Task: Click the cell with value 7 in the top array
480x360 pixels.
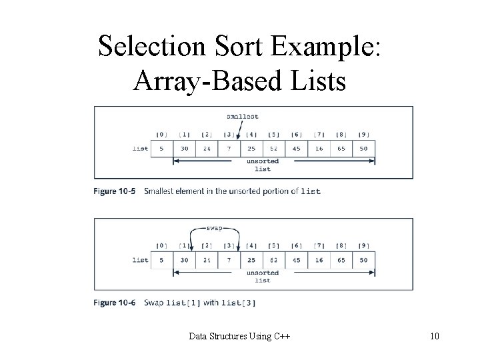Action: (229, 149)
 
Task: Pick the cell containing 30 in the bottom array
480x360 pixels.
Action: (185, 259)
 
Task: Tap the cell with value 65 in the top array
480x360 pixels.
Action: (341, 149)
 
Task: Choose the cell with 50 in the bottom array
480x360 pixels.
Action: (363, 259)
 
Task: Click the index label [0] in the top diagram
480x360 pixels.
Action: (162, 135)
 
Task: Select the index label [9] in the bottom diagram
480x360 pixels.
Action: (363, 245)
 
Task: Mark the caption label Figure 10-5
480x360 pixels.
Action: (114, 191)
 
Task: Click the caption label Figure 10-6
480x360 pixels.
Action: (114, 303)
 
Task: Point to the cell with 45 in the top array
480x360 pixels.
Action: (296, 149)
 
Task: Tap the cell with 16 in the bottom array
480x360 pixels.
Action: (319, 259)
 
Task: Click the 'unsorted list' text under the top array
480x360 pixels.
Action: (263, 165)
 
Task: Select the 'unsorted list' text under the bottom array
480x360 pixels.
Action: (263, 277)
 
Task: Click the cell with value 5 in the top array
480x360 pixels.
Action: (162, 149)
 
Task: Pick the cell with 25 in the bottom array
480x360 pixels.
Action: (251, 259)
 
